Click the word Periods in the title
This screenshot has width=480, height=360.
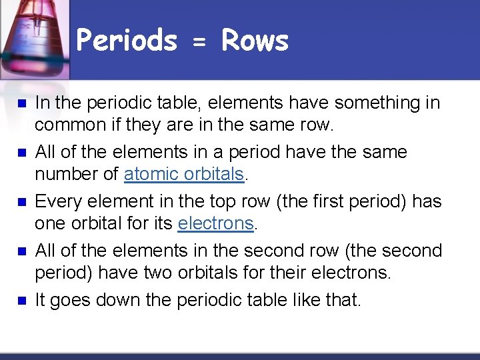click(127, 41)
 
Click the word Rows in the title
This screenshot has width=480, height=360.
click(255, 41)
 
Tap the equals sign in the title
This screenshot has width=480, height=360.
click(199, 43)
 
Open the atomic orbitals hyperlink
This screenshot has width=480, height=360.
click(185, 174)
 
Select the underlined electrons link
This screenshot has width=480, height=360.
click(216, 223)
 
